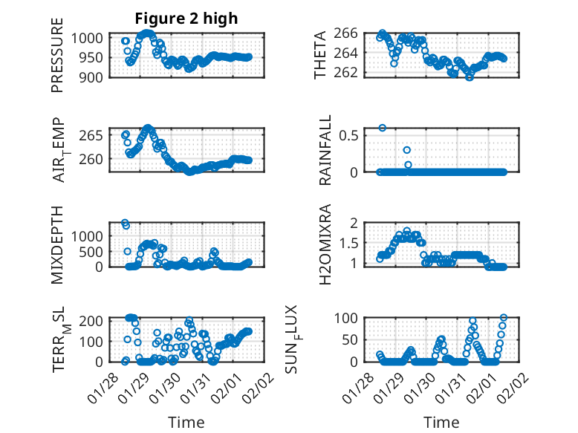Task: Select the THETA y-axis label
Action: pyautogui.click(x=320, y=55)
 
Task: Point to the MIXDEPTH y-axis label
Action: pyautogui.click(x=57, y=245)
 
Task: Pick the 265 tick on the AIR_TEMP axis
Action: pyautogui.click(x=95, y=135)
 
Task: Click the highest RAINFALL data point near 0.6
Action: pyautogui.click(x=383, y=128)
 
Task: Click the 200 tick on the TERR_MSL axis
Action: pyautogui.click(x=95, y=320)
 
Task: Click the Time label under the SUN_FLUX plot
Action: pyautogui.click(x=441, y=423)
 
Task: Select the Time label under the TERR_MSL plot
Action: pyautogui.click(x=186, y=423)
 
